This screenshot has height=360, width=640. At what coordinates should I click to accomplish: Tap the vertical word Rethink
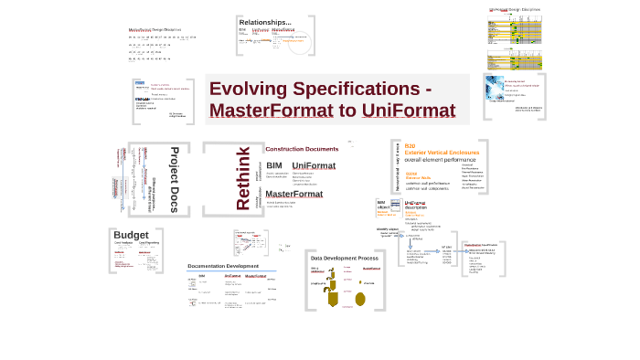244,178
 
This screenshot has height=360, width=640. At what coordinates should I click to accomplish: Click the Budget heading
131,236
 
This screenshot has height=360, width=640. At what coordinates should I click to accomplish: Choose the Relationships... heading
265,22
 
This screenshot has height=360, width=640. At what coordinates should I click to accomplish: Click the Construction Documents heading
302,148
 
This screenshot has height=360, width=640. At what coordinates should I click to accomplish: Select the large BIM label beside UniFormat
274,165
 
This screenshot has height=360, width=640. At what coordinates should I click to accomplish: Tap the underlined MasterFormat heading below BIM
293,194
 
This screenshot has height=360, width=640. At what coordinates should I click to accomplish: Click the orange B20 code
410,146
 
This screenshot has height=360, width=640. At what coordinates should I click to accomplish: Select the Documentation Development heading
225,265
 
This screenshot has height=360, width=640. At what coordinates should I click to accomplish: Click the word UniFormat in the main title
395,111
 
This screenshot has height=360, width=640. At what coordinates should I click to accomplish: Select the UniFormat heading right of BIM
314,165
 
